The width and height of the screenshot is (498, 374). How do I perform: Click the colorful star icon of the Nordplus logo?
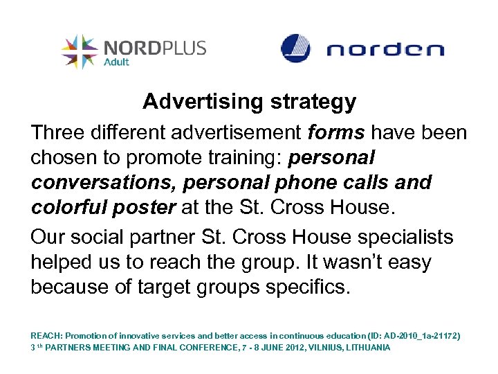pyautogui.click(x=79, y=51)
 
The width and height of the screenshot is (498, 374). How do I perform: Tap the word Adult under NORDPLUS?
pyautogui.click(x=118, y=61)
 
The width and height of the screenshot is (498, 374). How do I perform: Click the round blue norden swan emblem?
pyautogui.click(x=296, y=48)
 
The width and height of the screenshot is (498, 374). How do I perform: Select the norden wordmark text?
pyautogui.click(x=385, y=50)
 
